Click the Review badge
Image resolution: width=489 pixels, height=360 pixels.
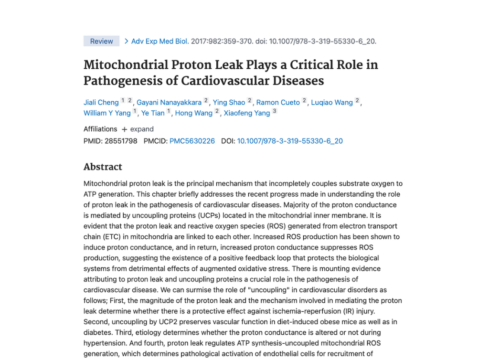coord(101,41)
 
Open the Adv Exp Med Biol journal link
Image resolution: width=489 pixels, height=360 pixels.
coord(159,41)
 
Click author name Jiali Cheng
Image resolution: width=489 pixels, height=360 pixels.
coord(101,102)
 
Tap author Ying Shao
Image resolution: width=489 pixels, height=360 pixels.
coord(229,102)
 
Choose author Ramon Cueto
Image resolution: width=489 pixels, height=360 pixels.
coord(278,102)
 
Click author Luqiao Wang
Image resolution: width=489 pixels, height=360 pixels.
coord(332,102)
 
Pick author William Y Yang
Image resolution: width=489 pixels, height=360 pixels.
coord(107,113)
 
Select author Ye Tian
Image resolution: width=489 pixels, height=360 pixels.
coord(153,113)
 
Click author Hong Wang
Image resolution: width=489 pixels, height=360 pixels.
coord(193,113)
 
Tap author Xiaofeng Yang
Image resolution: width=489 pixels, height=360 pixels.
coord(247,113)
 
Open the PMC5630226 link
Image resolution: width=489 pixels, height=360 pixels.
coord(192,141)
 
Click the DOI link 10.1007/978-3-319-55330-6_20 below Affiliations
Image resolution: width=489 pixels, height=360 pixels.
coord(290,141)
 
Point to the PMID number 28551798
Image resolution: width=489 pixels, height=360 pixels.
coord(121,141)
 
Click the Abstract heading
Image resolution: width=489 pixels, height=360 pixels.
coord(103,167)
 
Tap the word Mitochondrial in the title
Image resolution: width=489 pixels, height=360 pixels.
coord(124,65)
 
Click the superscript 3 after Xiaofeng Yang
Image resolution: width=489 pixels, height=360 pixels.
coord(274,112)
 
